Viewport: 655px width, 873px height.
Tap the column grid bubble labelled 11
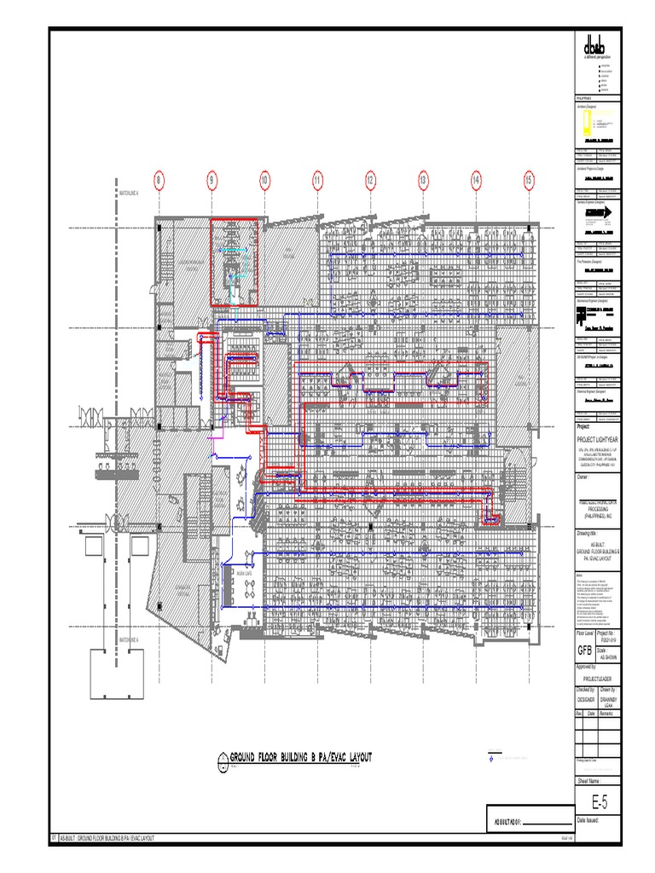[x=317, y=181]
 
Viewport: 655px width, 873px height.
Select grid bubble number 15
[x=529, y=181]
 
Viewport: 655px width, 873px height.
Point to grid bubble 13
[x=422, y=181]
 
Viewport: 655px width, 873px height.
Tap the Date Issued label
[x=589, y=819]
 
